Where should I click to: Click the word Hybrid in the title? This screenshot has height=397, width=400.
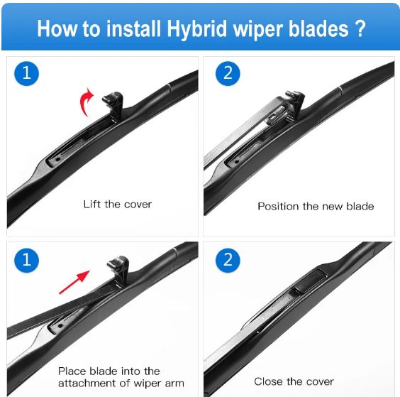pyautogui.click(x=196, y=28)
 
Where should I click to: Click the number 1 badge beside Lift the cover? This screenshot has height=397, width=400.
pyautogui.click(x=26, y=73)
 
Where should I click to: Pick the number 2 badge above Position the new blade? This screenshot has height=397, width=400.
pyautogui.click(x=228, y=73)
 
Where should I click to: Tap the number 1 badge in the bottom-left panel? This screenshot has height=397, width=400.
pyautogui.click(x=26, y=260)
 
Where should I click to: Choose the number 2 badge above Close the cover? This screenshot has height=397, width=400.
pyautogui.click(x=228, y=260)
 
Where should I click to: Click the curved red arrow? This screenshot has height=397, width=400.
pyautogui.click(x=86, y=102)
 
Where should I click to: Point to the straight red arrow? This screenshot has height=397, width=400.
pyautogui.click(x=74, y=282)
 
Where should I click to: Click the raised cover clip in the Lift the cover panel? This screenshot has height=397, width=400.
pyautogui.click(x=114, y=104)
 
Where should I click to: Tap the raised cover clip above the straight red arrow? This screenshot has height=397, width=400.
pyautogui.click(x=119, y=270)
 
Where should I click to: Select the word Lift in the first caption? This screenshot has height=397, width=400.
pyautogui.click(x=92, y=204)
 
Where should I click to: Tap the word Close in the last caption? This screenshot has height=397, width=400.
pyautogui.click(x=268, y=381)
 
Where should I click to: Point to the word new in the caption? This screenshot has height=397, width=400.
pyautogui.click(x=333, y=207)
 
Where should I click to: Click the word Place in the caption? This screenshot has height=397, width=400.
pyautogui.click(x=72, y=371)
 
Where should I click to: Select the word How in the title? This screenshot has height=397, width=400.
pyautogui.click(x=57, y=28)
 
